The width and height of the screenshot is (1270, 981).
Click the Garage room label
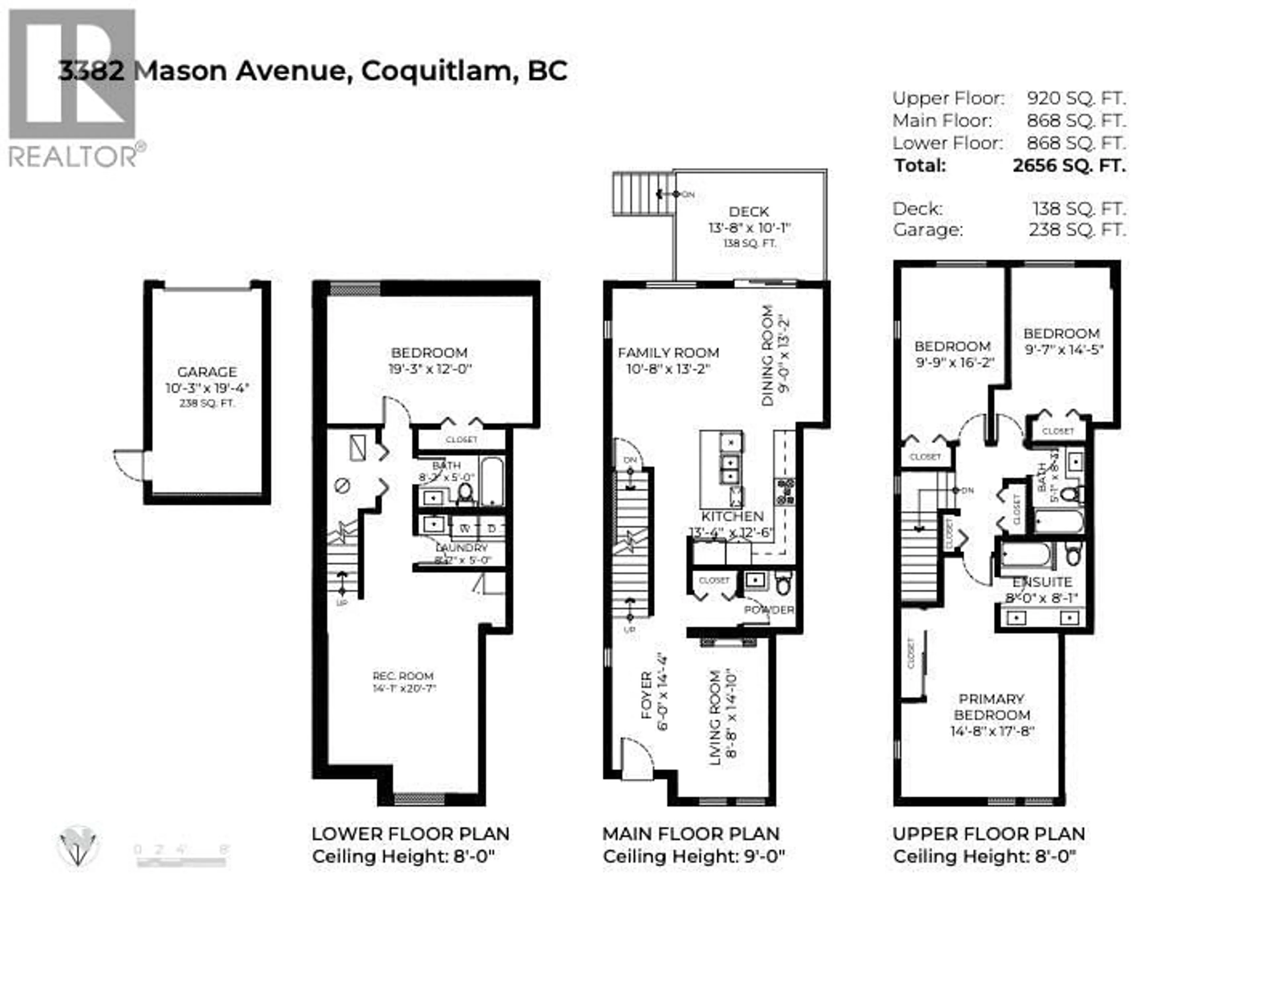207,372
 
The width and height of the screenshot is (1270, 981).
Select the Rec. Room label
403,676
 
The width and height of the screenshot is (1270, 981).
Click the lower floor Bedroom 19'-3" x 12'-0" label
429,360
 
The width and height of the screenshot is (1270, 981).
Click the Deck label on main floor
749,212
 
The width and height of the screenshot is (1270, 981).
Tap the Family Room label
668,353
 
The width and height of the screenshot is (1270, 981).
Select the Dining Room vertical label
768,356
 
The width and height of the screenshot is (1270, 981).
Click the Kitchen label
732,516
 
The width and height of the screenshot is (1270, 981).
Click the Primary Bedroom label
991,707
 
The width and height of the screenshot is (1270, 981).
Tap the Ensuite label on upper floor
1042,582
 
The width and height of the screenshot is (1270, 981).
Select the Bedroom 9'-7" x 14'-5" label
1062,334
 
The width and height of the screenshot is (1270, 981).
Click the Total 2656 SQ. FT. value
1069,166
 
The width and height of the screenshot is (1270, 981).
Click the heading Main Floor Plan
691,834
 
